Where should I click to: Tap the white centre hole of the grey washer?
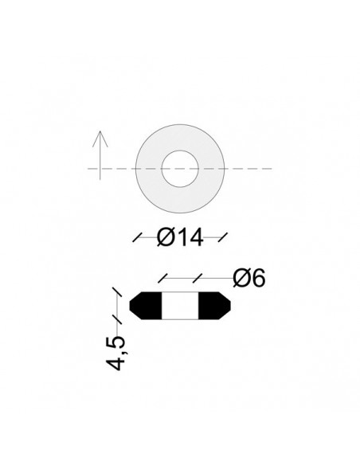[x=179, y=169]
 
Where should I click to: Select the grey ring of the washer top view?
[x=152, y=169]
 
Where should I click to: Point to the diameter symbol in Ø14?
[x=166, y=236]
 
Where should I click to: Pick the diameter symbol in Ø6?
[x=241, y=278]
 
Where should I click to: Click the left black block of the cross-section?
[x=146, y=306]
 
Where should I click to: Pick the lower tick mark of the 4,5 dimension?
[x=116, y=319]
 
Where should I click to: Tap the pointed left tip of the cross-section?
[x=128, y=306]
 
